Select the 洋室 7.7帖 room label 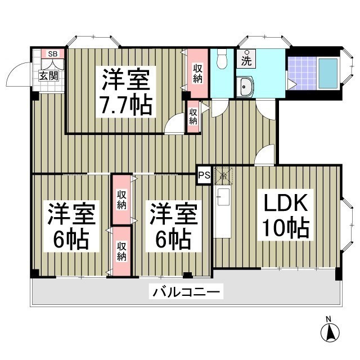coord(127,92)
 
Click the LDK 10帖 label coord(284,215)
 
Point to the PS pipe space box coord(204,174)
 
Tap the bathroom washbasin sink coord(246,87)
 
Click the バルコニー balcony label coord(186,292)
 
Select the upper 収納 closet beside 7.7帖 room coord(197,73)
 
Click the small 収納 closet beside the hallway coord(193,117)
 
